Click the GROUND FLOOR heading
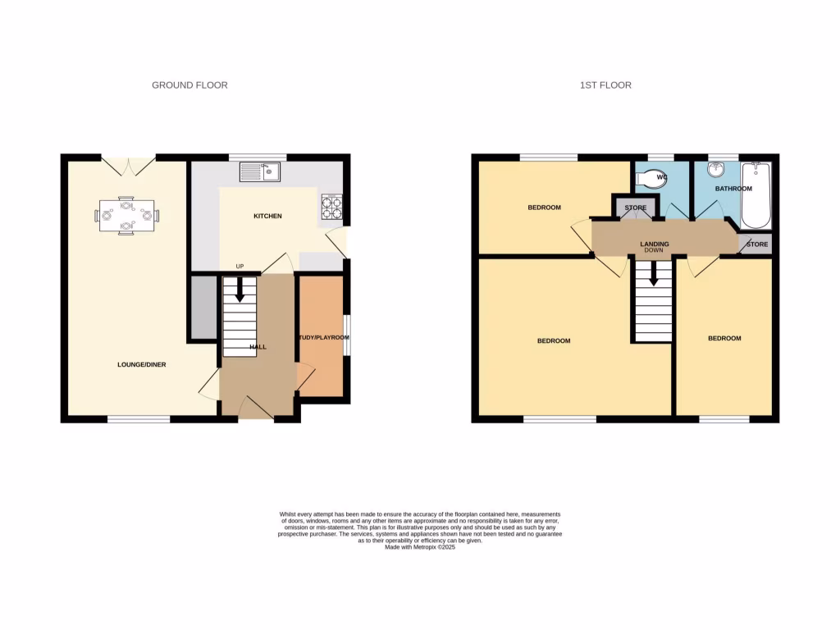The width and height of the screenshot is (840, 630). (189, 85)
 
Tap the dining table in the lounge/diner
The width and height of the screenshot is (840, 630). (126, 216)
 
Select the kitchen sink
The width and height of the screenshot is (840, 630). (260, 172)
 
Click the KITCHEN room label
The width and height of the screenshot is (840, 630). (267, 217)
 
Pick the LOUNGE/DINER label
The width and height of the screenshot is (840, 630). (142, 365)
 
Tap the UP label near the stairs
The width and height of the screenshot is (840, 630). (240, 267)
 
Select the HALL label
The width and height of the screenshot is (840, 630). (258, 347)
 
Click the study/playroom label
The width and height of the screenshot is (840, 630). (318, 337)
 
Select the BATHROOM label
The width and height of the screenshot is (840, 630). (733, 189)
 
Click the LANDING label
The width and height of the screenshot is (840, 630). (655, 244)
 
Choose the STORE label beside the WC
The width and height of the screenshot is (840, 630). (636, 208)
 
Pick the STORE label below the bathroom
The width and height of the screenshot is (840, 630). (757, 244)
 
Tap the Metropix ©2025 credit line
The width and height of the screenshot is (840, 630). (419, 547)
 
